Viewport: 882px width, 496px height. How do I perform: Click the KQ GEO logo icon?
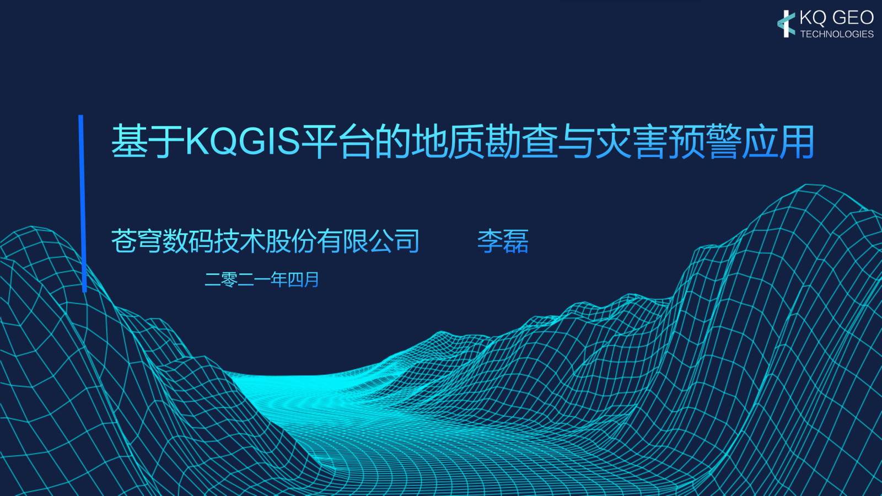tap(786, 24)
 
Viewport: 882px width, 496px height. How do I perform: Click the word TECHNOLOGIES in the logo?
tap(837, 34)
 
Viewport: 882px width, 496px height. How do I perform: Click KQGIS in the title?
tap(243, 141)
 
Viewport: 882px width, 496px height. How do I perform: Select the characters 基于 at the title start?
tap(148, 141)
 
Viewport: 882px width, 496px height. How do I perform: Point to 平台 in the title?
tap(337, 141)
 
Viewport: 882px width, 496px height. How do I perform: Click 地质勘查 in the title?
tap(485, 141)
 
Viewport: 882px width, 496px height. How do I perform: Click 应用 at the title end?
tap(778, 141)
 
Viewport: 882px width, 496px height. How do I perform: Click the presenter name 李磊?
tap(503, 241)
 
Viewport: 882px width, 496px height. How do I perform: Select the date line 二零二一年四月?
tap(262, 279)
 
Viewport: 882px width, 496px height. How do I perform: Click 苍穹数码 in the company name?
tap(162, 241)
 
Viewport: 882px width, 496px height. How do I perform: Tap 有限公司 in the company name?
tap(368, 241)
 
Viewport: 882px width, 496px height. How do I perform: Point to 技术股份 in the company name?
tap(265, 241)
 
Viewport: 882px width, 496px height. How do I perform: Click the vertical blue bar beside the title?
tap(83, 203)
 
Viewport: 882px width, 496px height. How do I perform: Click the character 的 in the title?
tap(392, 141)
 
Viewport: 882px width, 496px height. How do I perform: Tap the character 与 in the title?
tap(577, 141)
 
